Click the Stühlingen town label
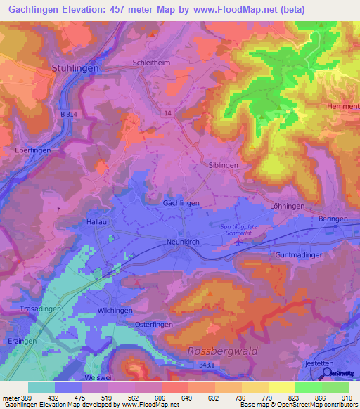[75, 68]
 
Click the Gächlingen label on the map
[181, 202]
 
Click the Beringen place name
[333, 219]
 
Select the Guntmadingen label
[300, 254]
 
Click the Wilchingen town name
[115, 310]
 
